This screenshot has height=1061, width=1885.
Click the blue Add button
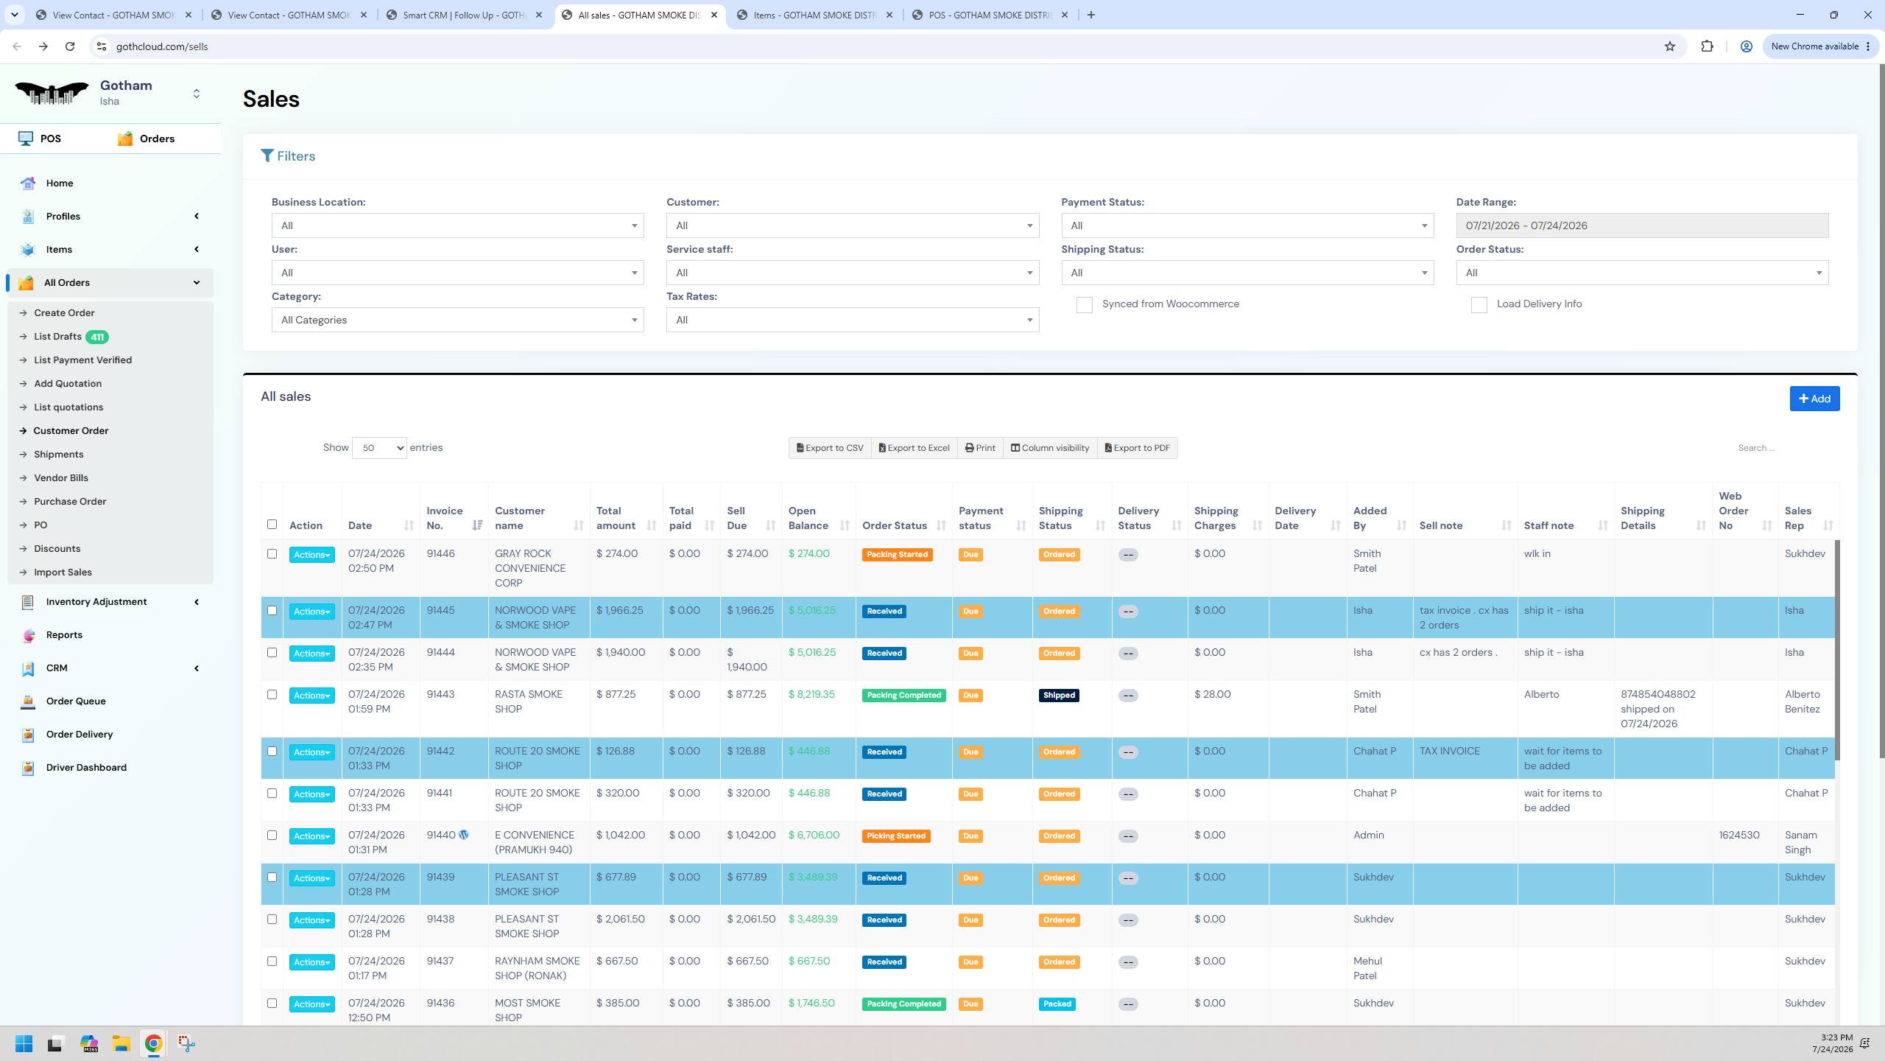pyautogui.click(x=1814, y=399)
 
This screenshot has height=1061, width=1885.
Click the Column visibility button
pyautogui.click(x=1049, y=448)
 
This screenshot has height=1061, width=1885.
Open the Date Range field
pyautogui.click(x=1641, y=225)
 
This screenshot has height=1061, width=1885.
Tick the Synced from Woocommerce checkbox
pyautogui.click(x=1084, y=305)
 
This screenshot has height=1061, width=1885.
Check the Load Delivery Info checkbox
pyautogui.click(x=1479, y=305)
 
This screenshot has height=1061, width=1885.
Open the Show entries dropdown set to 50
pyautogui.click(x=379, y=448)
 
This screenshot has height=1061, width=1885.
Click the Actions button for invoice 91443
pyautogui.click(x=311, y=696)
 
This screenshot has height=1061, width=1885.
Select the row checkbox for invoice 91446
pyautogui.click(x=272, y=554)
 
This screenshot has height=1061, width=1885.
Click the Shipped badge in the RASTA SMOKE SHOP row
pyautogui.click(x=1059, y=696)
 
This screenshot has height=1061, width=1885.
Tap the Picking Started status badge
pyautogui.click(x=896, y=836)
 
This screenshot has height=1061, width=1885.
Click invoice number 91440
pyautogui.click(x=441, y=835)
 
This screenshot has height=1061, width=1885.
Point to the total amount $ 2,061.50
pyautogui.click(x=620, y=919)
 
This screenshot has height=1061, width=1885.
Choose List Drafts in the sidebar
pyautogui.click(x=57, y=337)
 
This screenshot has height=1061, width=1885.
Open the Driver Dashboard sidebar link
pyautogui.click(x=86, y=767)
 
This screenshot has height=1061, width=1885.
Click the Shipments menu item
pyautogui.click(x=59, y=455)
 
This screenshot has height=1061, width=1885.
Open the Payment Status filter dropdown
pyautogui.click(x=1247, y=225)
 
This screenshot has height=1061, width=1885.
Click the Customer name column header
pyautogui.click(x=520, y=518)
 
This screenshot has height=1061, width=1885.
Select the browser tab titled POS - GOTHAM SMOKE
pyautogui.click(x=990, y=15)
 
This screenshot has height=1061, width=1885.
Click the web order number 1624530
pyautogui.click(x=1739, y=835)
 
